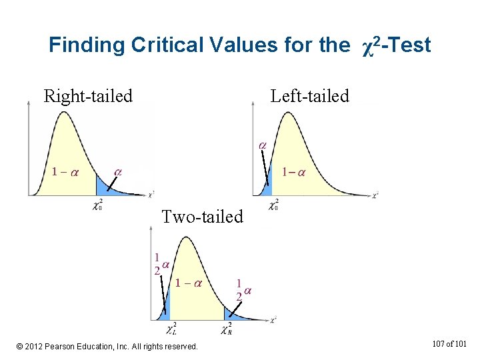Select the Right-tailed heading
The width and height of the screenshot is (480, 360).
click(88, 96)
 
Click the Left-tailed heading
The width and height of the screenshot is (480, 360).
click(309, 96)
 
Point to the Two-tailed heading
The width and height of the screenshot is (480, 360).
click(203, 217)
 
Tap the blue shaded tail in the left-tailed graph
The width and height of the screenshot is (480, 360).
click(267, 188)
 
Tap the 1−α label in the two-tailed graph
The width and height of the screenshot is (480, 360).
click(188, 283)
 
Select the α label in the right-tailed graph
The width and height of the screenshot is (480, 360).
click(118, 171)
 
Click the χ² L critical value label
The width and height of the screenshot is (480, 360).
click(171, 329)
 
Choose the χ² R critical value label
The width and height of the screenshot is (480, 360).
click(227, 329)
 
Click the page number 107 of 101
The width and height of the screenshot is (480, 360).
click(450, 344)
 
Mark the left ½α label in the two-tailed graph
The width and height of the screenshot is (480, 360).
click(160, 265)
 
